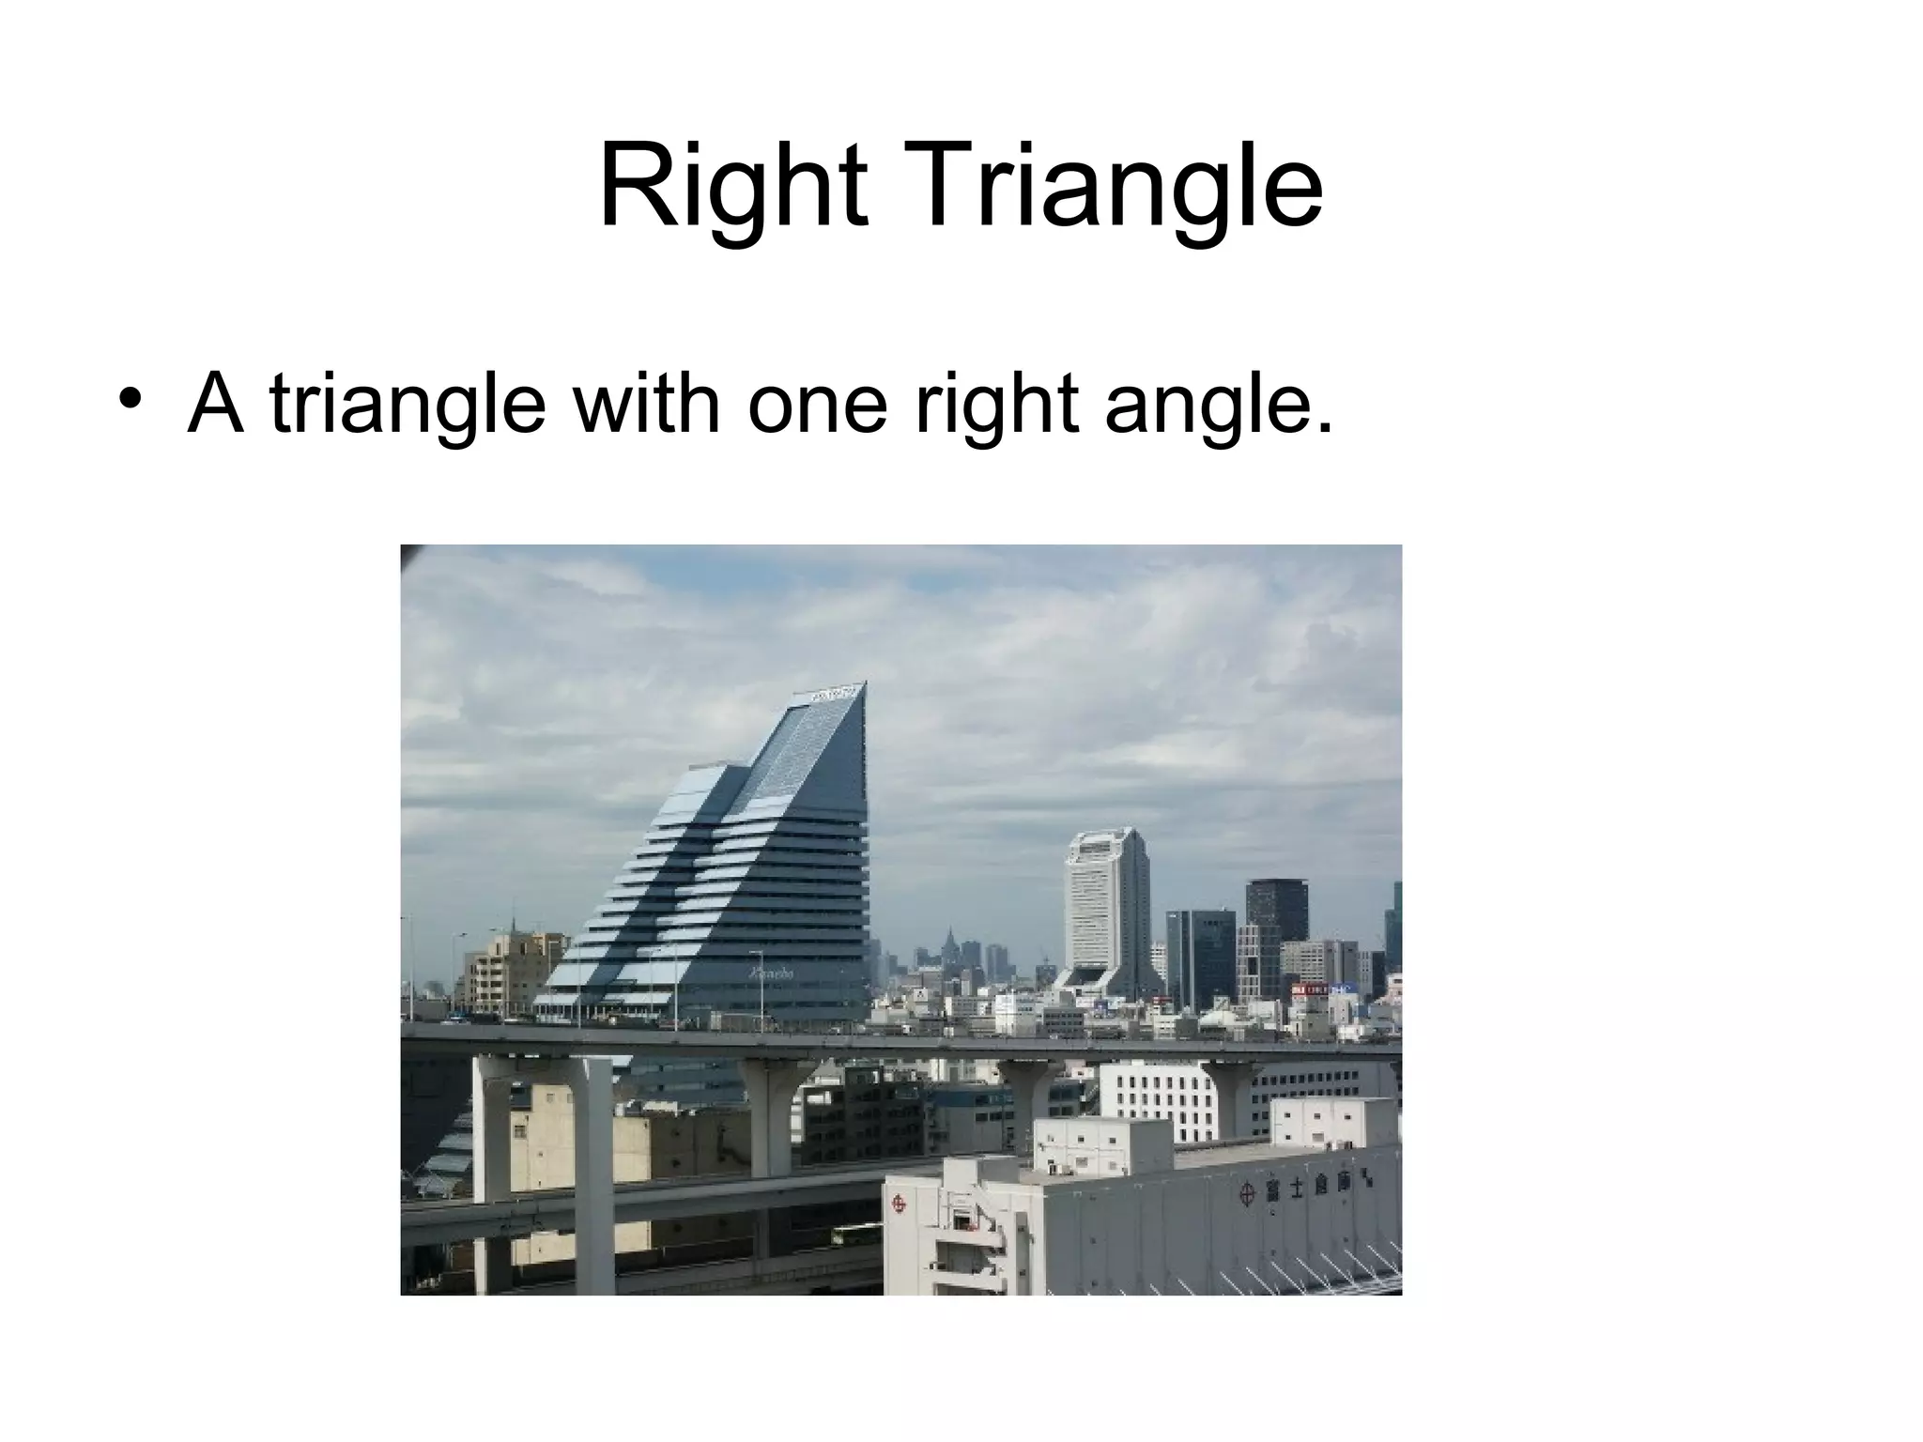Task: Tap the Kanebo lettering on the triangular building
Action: click(771, 974)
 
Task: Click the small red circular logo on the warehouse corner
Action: click(900, 1203)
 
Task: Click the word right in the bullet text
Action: click(995, 404)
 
